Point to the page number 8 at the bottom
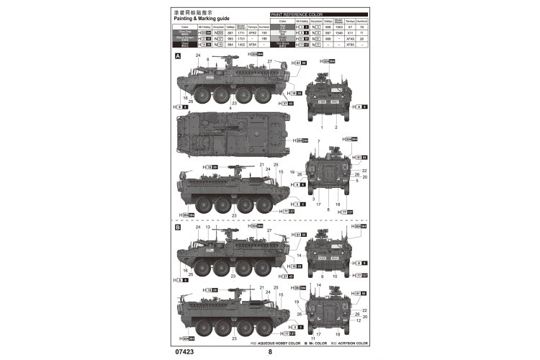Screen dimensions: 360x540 click(270, 352)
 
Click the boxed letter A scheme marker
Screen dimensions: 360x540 click(177, 55)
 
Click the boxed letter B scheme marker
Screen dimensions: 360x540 click(177, 226)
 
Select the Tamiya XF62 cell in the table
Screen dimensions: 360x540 click(256, 32)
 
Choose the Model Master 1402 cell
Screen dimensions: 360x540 click(243, 45)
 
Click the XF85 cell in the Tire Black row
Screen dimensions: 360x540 click(350, 45)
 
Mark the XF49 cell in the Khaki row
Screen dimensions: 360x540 click(350, 39)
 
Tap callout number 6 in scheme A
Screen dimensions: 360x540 click(207, 59)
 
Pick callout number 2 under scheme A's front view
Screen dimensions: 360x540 click(335, 126)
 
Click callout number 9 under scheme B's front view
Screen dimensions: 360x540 click(322, 274)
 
